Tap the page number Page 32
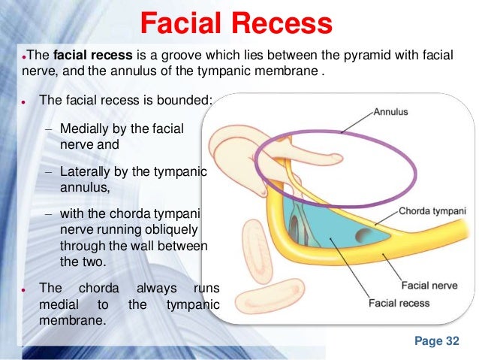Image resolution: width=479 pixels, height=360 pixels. click(x=436, y=341)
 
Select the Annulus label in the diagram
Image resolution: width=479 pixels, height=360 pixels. click(x=390, y=112)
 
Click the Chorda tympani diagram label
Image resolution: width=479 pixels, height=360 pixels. click(x=434, y=211)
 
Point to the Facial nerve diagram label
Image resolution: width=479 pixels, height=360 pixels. click(x=426, y=286)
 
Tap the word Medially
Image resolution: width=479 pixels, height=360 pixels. click(x=87, y=129)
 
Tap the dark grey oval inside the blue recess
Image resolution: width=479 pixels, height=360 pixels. click(x=364, y=236)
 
